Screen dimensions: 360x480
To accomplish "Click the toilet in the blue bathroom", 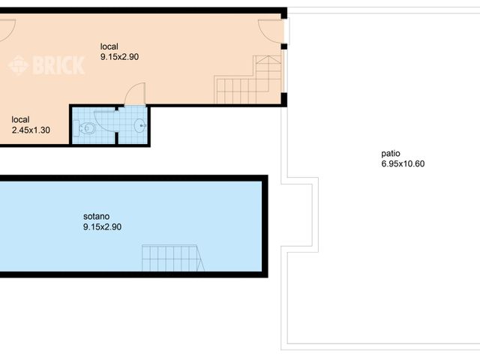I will (x=88, y=129).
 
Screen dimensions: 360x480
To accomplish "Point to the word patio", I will (x=390, y=154).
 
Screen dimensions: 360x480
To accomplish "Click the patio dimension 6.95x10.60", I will (x=403, y=164).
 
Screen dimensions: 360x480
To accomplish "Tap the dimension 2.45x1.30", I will (x=31, y=130).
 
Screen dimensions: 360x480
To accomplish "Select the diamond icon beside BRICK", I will (x=18, y=66).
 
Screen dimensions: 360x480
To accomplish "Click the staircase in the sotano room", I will (x=173, y=259).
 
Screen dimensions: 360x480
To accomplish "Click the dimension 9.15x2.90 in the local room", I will (x=119, y=56).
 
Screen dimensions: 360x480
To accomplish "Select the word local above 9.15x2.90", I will (x=109, y=46).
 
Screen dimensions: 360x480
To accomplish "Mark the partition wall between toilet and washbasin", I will (x=116, y=127).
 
